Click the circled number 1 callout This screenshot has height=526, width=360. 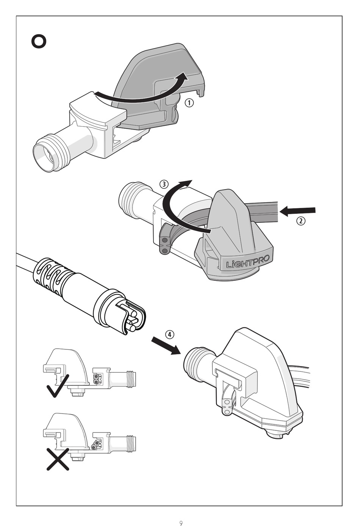(x=189, y=103)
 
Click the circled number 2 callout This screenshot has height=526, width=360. (x=301, y=221)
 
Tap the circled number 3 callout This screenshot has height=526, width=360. (x=164, y=185)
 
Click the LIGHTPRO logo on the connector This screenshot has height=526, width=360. (x=248, y=262)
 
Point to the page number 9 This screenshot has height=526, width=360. (x=181, y=523)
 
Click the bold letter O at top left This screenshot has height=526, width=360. (x=39, y=41)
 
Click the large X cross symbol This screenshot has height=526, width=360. (x=58, y=459)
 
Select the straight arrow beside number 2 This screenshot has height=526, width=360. (x=297, y=211)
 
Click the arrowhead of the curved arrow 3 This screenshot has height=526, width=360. (x=186, y=183)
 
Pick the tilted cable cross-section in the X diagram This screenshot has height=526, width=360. (x=97, y=444)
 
